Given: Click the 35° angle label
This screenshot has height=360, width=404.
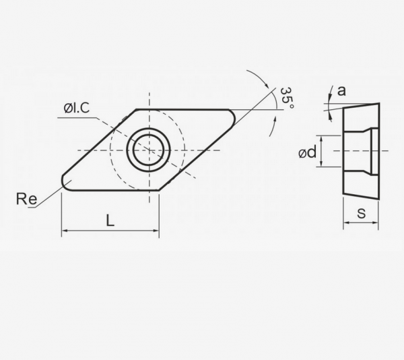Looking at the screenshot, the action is point(287,98).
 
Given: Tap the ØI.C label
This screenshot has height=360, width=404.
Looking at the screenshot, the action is point(77,108).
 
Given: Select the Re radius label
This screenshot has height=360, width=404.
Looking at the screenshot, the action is point(26,199).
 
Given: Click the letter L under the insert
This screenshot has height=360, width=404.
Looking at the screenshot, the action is point(110,220).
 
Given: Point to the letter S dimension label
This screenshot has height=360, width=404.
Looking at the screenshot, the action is point(361,214).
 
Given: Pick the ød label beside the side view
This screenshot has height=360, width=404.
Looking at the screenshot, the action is point(308,152).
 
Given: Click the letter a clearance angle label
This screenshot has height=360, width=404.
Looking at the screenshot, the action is point(341,91).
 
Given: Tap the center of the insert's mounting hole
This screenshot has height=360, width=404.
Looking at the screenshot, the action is point(148,150).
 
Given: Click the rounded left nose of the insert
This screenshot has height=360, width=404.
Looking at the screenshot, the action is point(64,182).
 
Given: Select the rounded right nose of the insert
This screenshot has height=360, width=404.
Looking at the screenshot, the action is point(234,117).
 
